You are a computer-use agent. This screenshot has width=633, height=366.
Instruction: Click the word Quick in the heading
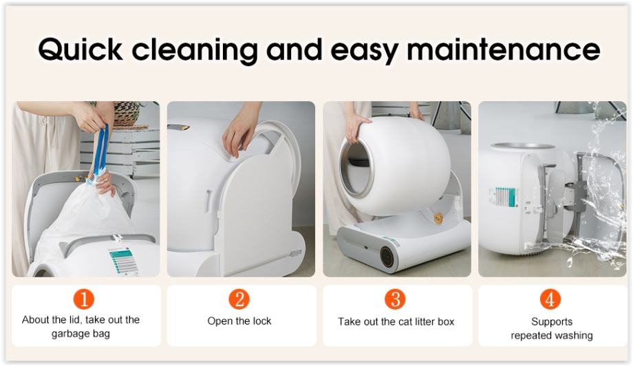coord(81,50)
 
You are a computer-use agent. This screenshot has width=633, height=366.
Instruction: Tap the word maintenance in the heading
coord(504,50)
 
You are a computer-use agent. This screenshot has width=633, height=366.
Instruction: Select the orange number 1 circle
coord(83,299)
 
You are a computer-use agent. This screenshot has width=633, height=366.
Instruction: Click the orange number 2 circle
coord(239,299)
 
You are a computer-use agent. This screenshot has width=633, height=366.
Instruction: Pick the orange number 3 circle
coord(395,299)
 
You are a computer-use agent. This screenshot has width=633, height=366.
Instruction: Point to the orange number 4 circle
coord(550,299)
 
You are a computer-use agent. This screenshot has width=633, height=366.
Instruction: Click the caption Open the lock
coord(239,321)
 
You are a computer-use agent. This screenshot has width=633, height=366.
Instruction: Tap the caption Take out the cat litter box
coord(396,321)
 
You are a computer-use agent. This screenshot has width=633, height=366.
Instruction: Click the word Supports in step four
coord(552,321)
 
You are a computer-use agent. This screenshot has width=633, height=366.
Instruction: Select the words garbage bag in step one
coord(81,334)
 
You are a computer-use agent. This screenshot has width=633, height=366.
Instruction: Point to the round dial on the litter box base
coord(387,256)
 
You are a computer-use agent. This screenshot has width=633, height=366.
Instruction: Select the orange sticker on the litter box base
coord(438,218)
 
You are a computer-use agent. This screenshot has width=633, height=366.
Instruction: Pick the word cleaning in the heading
coord(195,50)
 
